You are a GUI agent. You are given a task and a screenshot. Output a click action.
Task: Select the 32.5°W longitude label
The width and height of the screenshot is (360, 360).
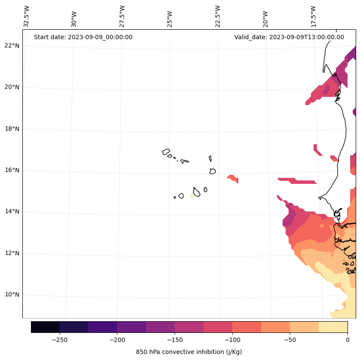point(27,16)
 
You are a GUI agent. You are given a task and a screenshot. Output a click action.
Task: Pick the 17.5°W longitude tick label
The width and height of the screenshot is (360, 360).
point(314,16)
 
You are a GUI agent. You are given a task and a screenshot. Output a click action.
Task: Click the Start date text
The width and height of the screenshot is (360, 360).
point(83,37)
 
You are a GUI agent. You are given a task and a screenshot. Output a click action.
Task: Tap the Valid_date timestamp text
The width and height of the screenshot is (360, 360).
point(289,37)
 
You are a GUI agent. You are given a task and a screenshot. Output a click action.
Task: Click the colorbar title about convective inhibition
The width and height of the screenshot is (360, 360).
point(189,352)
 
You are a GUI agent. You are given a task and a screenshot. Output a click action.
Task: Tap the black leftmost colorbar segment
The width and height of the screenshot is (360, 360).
point(45,327)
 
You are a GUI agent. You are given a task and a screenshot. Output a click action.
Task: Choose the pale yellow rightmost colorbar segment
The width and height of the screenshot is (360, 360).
point(333,327)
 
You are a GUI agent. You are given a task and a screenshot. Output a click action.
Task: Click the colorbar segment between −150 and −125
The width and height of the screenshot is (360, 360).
point(189,327)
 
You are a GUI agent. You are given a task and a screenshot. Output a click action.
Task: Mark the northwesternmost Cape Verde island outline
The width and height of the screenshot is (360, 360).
point(166,152)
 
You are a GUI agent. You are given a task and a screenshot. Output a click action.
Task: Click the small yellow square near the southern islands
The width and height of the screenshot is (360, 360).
point(192,196)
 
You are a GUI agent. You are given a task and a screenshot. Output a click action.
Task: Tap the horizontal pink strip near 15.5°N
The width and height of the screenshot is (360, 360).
point(297,181)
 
